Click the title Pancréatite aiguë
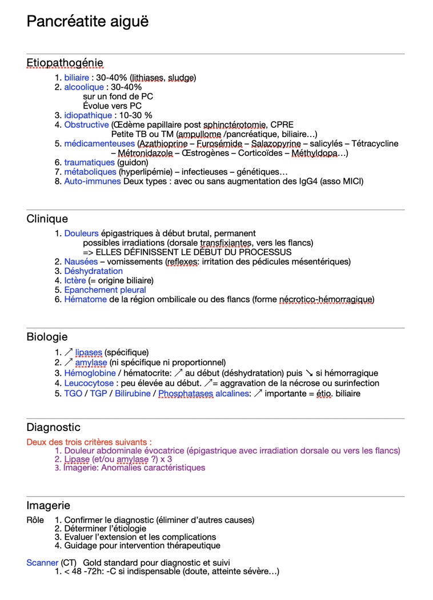(x=87, y=22)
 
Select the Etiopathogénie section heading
(x=65, y=63)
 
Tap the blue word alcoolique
(x=84, y=87)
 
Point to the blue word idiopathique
(x=88, y=115)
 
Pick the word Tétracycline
(x=375, y=144)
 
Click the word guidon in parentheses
(x=133, y=163)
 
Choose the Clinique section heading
(x=47, y=219)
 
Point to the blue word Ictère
(x=75, y=280)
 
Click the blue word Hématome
(x=86, y=299)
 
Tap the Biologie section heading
(x=47, y=337)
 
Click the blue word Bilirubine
(x=133, y=393)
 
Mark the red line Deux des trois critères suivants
(x=89, y=442)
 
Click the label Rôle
(x=35, y=520)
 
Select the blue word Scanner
(x=42, y=563)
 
